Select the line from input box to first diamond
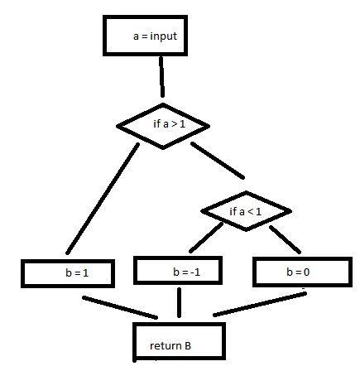pyautogui.click(x=161, y=77)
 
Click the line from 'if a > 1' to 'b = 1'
pyautogui.click(x=103, y=198)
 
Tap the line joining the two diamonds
pyautogui.click(x=218, y=160)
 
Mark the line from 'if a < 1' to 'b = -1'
pyautogui.click(x=206, y=238)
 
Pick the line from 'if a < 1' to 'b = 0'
pyautogui.click(x=285, y=239)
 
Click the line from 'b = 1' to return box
pyautogui.click(x=120, y=307)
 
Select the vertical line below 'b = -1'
pyautogui.click(x=180, y=302)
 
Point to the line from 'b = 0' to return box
pyautogui.click(x=260, y=304)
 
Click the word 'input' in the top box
pyautogui.click(x=164, y=36)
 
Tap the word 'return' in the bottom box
pyautogui.click(x=161, y=346)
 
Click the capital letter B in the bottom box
pyautogui.click(x=188, y=346)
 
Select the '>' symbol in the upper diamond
pyautogui.click(x=174, y=124)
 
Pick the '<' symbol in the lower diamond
pyautogui.click(x=250, y=212)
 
